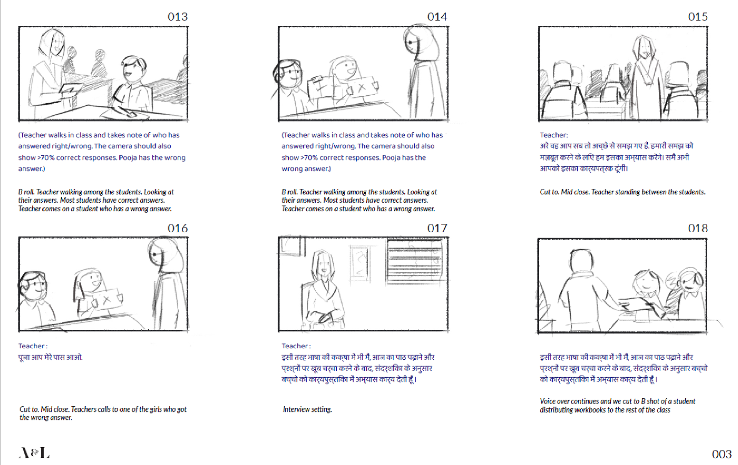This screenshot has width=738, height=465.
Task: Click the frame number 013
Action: pyautogui.click(x=178, y=17)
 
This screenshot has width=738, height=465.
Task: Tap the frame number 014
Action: pyautogui.click(x=437, y=17)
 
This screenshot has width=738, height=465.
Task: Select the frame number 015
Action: pyautogui.click(x=698, y=17)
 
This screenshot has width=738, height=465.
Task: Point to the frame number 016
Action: pyautogui.click(x=178, y=228)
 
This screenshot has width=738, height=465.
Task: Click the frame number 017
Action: pyautogui.click(x=437, y=228)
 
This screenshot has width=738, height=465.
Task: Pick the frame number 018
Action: pyautogui.click(x=698, y=228)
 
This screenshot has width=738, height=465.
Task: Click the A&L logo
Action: pyautogui.click(x=34, y=453)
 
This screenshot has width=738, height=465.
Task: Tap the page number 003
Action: pyautogui.click(x=721, y=454)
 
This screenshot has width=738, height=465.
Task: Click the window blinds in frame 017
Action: pyautogui.click(x=415, y=261)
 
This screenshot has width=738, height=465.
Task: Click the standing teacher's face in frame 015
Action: pyautogui.click(x=644, y=47)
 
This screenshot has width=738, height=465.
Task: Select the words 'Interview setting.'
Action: pyautogui.click(x=307, y=410)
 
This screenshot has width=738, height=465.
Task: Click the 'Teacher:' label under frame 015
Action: pyautogui.click(x=554, y=135)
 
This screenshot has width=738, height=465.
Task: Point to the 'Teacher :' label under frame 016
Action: pyautogui.click(x=33, y=346)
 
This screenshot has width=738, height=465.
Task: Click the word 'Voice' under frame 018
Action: pyautogui.click(x=548, y=401)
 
